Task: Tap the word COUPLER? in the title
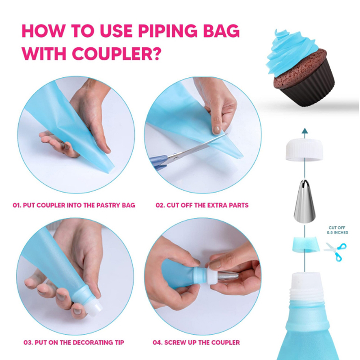(x=116, y=54)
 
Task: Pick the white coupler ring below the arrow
(x=305, y=150)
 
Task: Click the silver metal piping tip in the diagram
(x=305, y=202)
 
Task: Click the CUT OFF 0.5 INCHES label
(x=337, y=230)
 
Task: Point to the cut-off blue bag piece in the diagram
(x=305, y=245)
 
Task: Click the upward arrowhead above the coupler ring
(x=305, y=131)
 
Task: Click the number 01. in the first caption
(x=17, y=205)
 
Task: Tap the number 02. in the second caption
(x=160, y=205)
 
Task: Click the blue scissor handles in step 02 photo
(x=158, y=162)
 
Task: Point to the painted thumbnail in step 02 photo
(x=216, y=130)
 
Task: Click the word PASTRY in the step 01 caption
(x=108, y=205)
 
